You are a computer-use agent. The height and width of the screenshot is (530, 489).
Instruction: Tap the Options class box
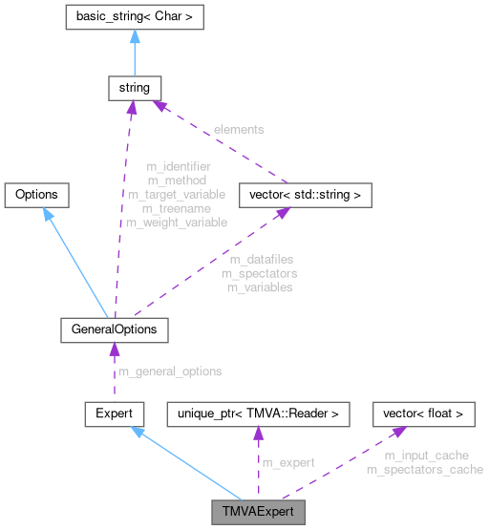tap(36, 194)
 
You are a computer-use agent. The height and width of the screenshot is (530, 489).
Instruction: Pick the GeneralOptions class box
tap(114, 329)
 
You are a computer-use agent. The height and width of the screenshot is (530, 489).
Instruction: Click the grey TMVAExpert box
tap(258, 511)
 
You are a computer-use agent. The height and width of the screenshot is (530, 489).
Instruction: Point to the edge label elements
tap(238, 129)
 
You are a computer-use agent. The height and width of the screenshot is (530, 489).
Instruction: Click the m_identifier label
tap(177, 167)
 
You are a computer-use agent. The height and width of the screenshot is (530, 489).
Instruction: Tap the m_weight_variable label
tap(177, 223)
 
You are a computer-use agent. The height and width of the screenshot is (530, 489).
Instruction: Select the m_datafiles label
tap(261, 259)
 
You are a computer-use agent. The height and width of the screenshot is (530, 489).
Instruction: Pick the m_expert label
tap(287, 462)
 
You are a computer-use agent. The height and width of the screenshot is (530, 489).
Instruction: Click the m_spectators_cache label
tap(424, 469)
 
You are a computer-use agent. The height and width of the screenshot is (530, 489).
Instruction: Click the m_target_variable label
tap(177, 194)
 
